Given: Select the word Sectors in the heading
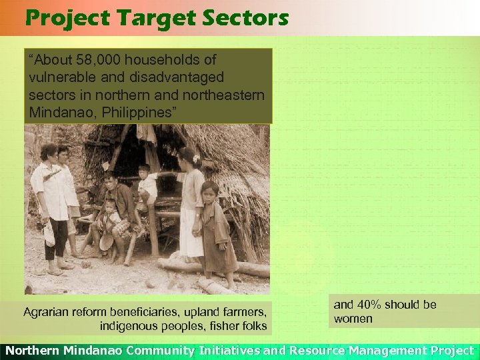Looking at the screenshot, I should tap(249, 18).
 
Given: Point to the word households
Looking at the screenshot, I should tap(155, 60).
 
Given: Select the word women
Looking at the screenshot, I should tap(353, 319).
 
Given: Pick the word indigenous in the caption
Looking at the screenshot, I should tap(129, 326).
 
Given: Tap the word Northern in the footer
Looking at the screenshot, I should tap(32, 350).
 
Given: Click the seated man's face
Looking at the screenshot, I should tap(111, 181).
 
